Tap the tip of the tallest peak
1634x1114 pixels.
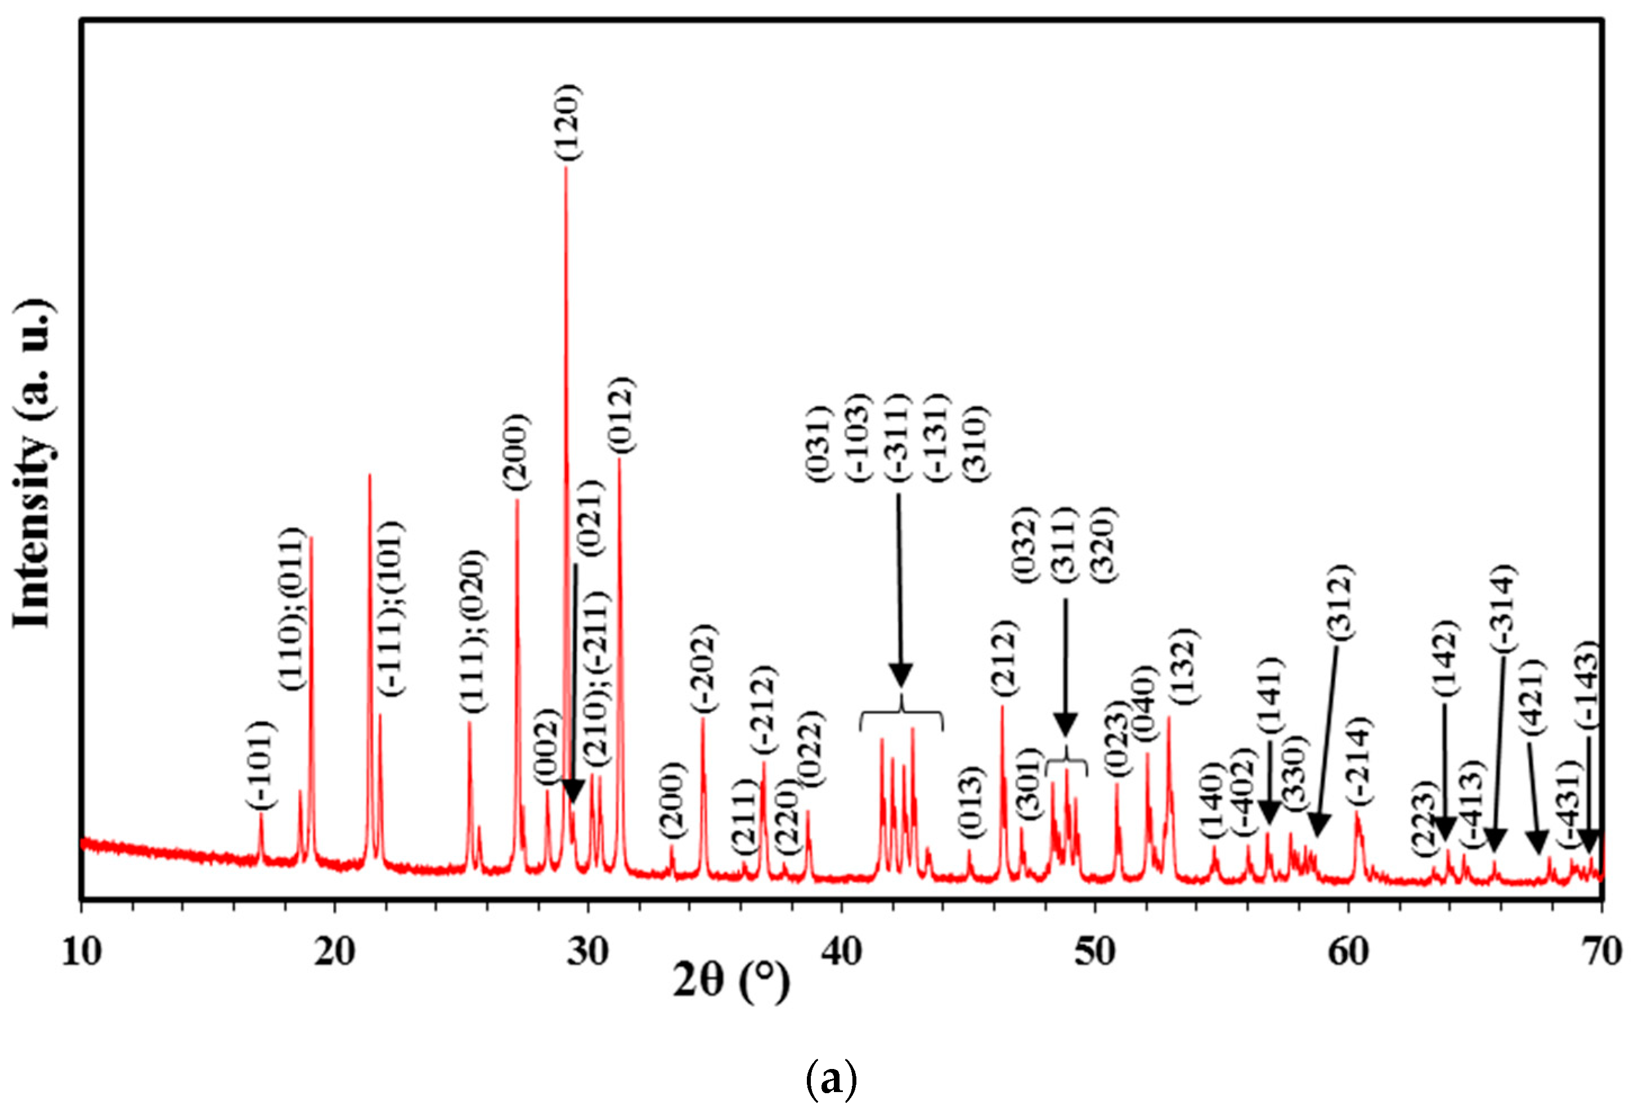[566, 169]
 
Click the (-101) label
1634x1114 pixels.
[262, 764]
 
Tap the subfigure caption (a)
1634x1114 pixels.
[831, 1080]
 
